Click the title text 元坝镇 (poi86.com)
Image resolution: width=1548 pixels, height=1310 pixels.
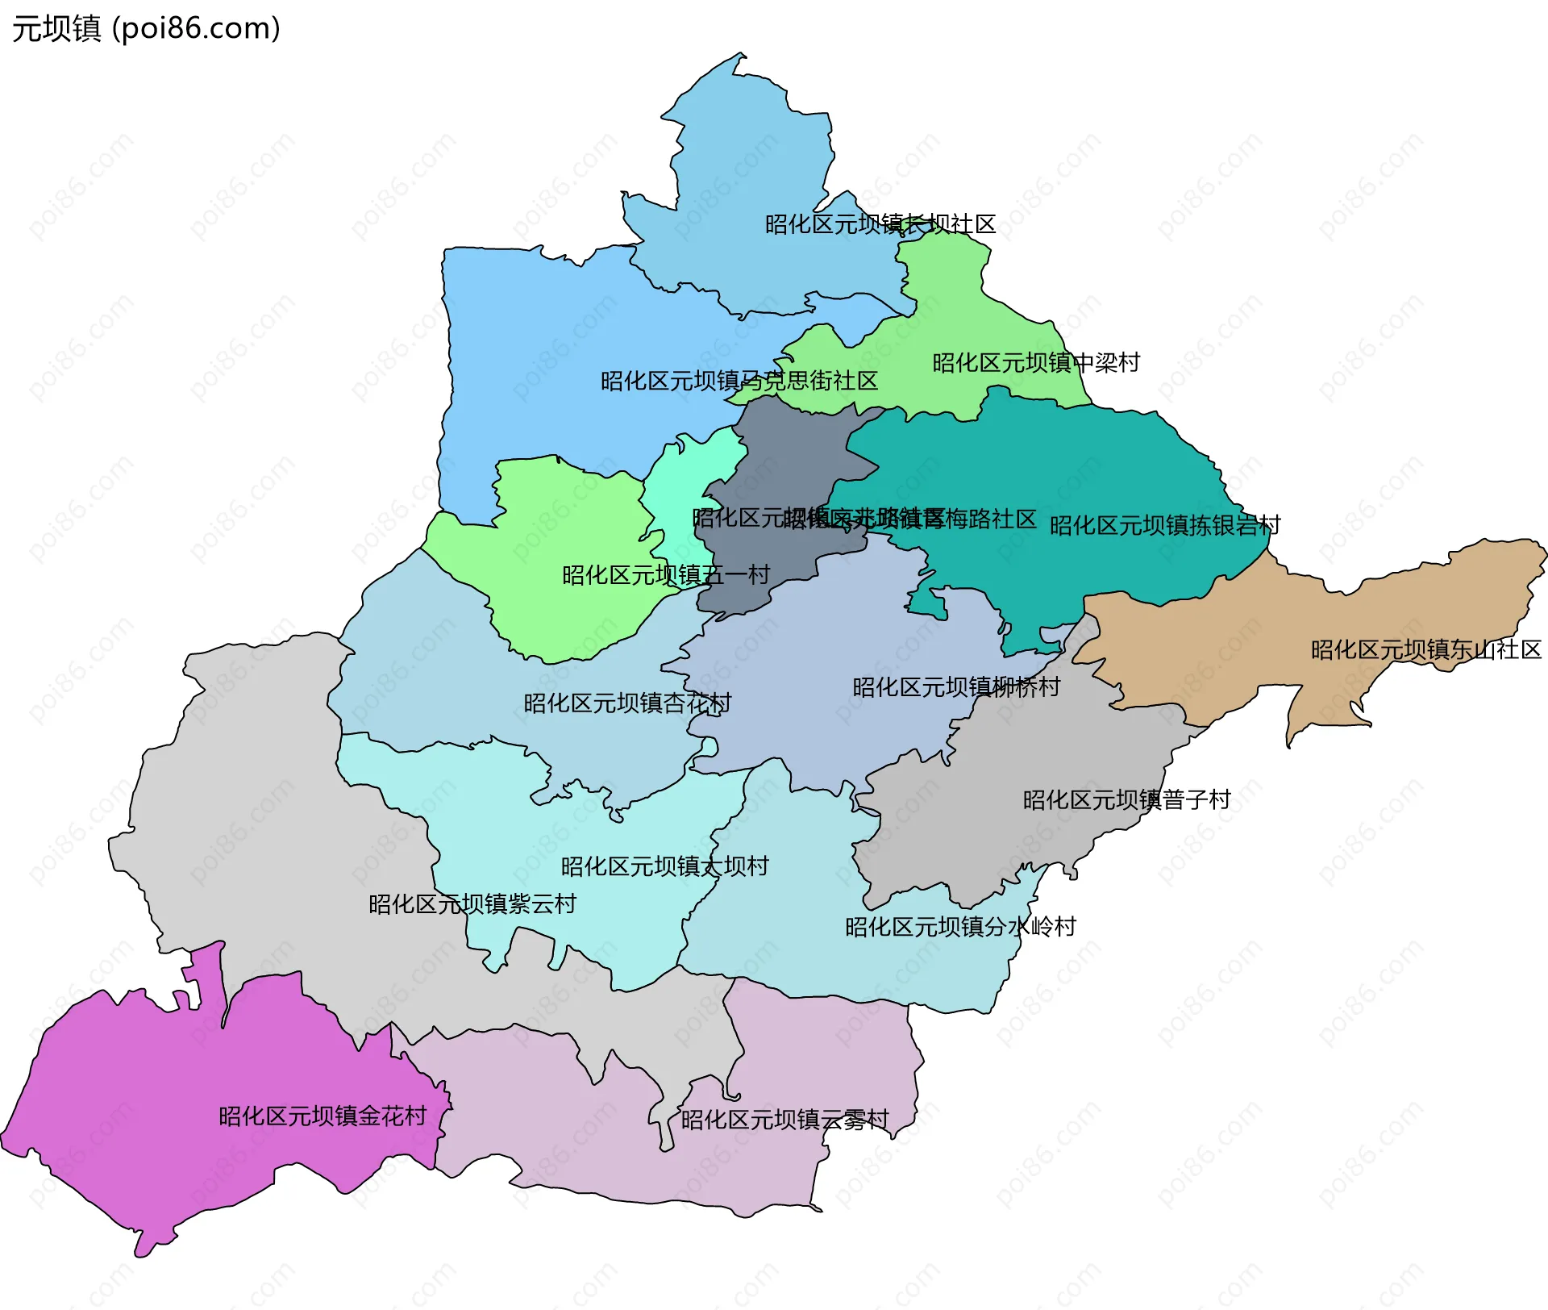146,29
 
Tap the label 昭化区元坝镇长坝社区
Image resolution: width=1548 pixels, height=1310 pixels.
880,224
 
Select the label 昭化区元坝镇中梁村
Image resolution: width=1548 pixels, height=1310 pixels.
1036,363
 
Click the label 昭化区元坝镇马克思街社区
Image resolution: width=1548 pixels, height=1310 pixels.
739,381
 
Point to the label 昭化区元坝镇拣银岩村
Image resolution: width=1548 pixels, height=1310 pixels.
1164,526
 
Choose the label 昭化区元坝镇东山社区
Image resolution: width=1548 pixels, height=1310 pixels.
1425,650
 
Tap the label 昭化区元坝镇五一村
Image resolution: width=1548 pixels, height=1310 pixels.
666,575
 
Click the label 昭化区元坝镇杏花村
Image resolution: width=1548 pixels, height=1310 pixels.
627,703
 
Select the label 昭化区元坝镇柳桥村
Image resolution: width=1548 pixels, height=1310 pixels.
956,687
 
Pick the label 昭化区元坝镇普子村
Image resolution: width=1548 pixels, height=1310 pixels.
1126,800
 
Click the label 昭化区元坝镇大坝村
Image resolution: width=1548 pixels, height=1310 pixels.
664,866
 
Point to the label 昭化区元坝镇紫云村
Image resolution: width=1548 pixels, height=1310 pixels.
472,904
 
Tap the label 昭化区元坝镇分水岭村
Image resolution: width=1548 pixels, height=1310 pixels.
960,927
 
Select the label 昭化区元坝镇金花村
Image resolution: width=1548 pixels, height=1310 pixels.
322,1116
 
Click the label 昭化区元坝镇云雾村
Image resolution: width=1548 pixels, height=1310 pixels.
784,1120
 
